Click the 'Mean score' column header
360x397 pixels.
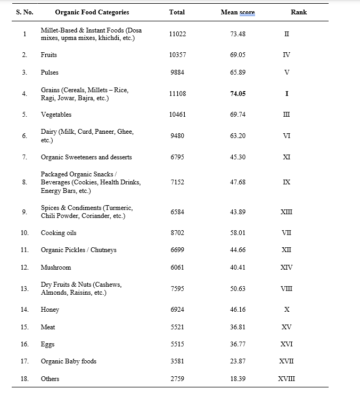[x=238, y=12]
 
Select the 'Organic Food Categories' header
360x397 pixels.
[x=92, y=12]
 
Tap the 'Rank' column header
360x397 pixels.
[x=298, y=12]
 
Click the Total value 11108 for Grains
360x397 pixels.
[x=177, y=94]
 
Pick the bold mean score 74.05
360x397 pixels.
[x=238, y=94]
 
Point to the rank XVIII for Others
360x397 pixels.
[x=287, y=379]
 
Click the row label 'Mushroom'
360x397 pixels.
[x=55, y=268]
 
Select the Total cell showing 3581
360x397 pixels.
[x=177, y=361]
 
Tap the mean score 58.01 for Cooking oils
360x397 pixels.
[x=238, y=233]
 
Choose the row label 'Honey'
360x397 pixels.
[x=50, y=310]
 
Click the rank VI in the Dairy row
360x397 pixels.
[x=287, y=136]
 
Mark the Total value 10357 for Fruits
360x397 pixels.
[x=177, y=55]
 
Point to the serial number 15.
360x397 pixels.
[x=24, y=327]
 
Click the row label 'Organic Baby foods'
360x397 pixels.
[x=69, y=361]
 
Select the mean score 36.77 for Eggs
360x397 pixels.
[x=238, y=344]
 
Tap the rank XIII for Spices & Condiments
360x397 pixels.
[x=287, y=212]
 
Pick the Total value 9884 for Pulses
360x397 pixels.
[x=177, y=72]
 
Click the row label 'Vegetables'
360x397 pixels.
[x=56, y=115]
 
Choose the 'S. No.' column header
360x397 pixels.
[x=24, y=12]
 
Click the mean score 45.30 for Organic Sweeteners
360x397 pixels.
[x=238, y=157]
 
